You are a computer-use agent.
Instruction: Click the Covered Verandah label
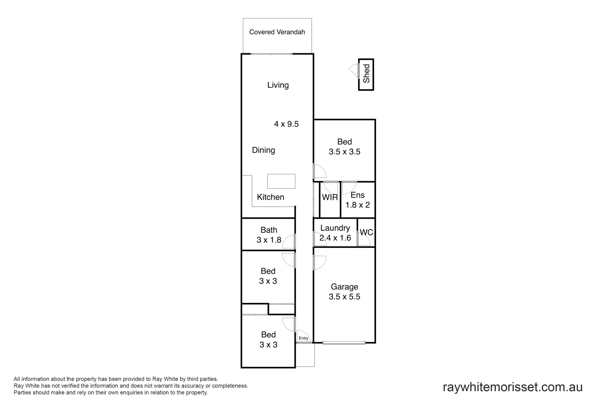(x=277, y=32)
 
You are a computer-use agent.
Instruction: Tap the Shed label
(x=366, y=73)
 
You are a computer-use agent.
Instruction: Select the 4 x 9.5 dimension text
(x=286, y=124)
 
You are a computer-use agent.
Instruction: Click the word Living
(x=278, y=85)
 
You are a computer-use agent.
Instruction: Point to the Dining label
(x=263, y=150)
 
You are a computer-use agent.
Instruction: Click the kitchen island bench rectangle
(x=281, y=181)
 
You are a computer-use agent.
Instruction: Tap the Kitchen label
(x=270, y=197)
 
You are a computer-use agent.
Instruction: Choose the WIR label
(x=330, y=197)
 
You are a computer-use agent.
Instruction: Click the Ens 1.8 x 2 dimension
(x=358, y=205)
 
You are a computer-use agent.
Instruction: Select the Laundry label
(x=335, y=228)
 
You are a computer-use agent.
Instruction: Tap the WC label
(x=367, y=232)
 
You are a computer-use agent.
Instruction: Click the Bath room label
(x=269, y=230)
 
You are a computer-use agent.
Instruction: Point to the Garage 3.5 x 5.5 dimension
(x=345, y=297)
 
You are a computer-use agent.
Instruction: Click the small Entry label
(x=303, y=338)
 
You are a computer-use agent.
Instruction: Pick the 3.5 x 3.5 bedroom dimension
(x=345, y=152)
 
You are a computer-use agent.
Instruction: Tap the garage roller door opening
(x=344, y=342)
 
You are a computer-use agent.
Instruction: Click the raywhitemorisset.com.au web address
(x=513, y=387)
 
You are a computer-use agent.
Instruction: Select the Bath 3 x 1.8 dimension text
(x=269, y=240)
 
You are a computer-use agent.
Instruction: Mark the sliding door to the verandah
(x=271, y=54)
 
